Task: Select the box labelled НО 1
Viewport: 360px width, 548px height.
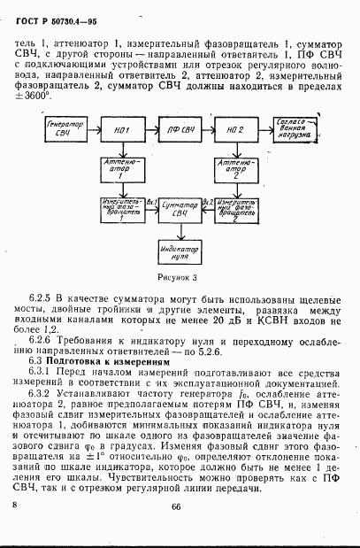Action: pos(123,131)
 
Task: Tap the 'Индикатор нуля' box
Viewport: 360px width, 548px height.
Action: pos(180,249)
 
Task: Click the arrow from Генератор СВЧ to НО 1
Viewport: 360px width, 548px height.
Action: pos(92,131)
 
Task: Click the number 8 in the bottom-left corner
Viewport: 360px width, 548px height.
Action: pos(16,503)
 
